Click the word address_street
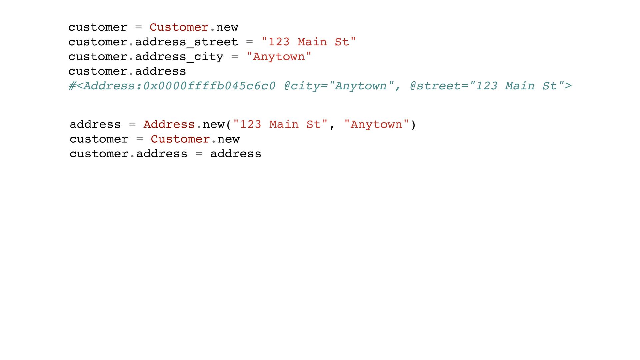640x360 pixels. coord(186,42)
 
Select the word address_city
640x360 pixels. coord(179,57)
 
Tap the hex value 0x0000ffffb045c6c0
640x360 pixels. coord(209,86)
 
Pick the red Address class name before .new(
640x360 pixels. coord(169,125)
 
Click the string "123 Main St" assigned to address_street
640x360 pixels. coord(309,42)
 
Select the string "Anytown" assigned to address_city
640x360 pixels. coord(279,57)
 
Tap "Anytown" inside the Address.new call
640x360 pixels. coord(376,125)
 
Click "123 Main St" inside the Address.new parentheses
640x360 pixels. coord(280,125)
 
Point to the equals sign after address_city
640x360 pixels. coord(235,57)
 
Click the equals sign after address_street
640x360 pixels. coord(249,42)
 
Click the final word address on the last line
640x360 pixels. coord(236,154)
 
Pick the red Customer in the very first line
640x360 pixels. coord(179,27)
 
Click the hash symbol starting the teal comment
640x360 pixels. coord(72,86)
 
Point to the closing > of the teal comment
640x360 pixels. coord(568,86)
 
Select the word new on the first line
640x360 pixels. coord(227,28)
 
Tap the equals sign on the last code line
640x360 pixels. coord(199,154)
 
